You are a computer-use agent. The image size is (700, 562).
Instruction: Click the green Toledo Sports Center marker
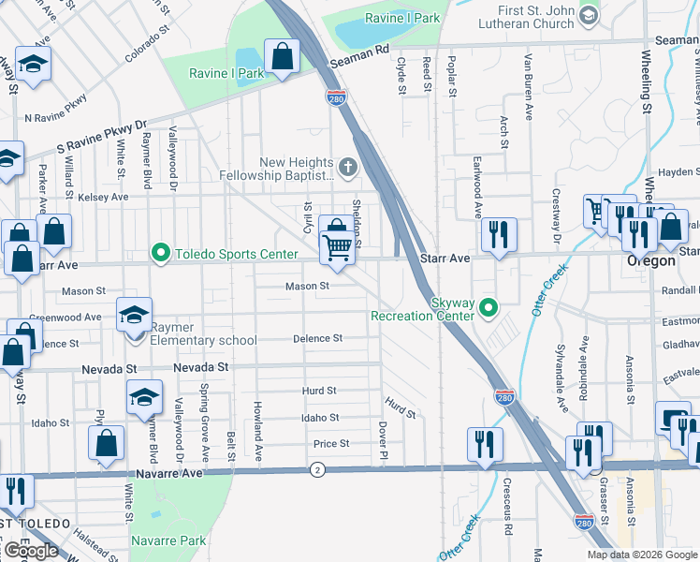161,253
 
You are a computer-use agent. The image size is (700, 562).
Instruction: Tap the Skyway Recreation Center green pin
487,306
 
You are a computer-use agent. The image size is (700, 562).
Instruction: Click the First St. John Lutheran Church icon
588,15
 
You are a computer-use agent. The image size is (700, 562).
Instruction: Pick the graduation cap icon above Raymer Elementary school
134,316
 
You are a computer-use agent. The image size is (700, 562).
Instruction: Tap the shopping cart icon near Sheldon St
337,249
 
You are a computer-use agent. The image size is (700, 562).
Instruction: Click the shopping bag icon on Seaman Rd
281,56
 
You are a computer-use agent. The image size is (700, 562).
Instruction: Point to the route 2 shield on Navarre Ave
318,469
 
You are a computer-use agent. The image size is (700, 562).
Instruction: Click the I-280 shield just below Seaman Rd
336,96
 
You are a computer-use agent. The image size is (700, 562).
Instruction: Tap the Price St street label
331,444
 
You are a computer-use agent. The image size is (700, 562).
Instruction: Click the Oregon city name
650,261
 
